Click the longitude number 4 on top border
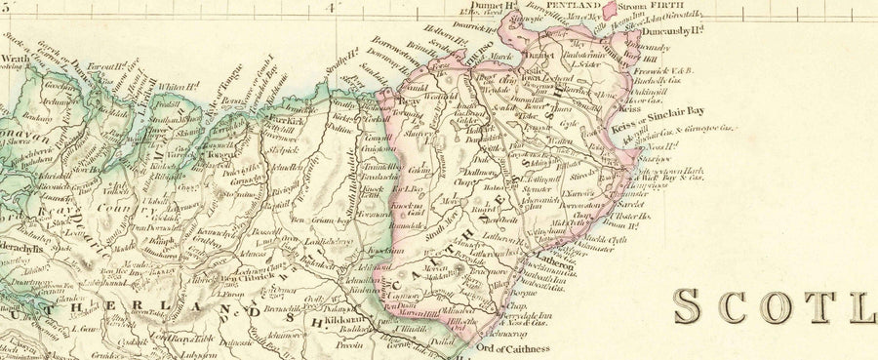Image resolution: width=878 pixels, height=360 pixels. (331, 8)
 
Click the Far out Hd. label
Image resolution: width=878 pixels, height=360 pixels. (103, 68)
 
